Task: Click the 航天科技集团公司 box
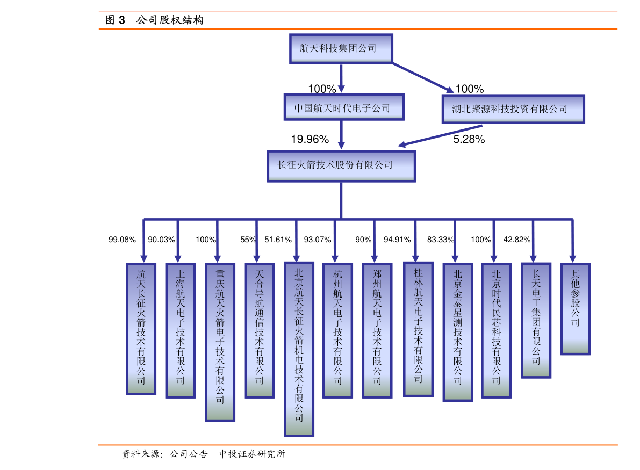(x=341, y=49)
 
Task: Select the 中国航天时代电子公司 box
(x=344, y=107)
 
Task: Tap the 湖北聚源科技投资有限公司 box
(x=513, y=109)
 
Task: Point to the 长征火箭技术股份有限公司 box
(x=341, y=166)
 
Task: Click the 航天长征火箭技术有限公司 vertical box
(x=141, y=329)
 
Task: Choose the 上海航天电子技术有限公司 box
(x=181, y=330)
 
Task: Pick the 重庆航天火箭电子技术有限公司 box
(x=220, y=342)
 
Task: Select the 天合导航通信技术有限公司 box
(x=260, y=330)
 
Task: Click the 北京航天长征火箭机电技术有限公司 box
(x=299, y=349)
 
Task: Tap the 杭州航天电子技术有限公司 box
(x=338, y=330)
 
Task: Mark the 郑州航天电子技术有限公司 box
(x=377, y=330)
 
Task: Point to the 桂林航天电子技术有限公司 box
(x=419, y=329)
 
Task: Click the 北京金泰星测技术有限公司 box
(x=458, y=332)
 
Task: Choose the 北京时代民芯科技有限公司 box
(x=497, y=330)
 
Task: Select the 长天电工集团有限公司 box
(x=536, y=320)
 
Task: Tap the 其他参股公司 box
(x=576, y=309)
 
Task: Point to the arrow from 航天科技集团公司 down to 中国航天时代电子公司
(x=341, y=78)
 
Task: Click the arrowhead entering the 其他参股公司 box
(x=573, y=258)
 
